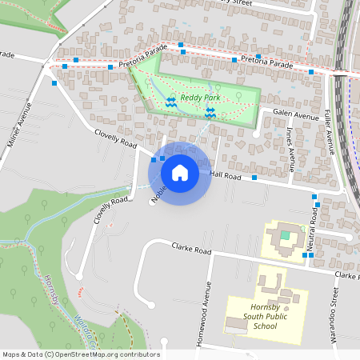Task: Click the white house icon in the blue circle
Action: [180, 172]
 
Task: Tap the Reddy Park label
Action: [199, 98]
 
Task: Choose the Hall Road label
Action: [226, 174]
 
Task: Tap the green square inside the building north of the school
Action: [285, 235]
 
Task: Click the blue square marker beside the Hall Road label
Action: [254, 177]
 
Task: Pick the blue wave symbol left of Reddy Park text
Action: [170, 101]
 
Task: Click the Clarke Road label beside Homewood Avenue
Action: [191, 250]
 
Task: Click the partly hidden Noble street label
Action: [159, 190]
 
